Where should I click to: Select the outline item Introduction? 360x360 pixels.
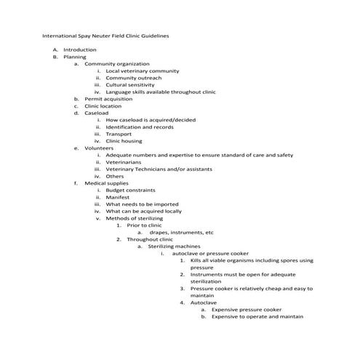pos(79,49)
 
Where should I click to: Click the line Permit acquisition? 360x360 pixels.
pos(108,99)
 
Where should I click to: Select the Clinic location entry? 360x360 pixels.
pos(103,106)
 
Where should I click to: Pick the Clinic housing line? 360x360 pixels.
pos(124,141)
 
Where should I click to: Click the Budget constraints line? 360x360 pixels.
pos(134,190)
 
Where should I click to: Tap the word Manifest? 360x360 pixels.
pos(118,197)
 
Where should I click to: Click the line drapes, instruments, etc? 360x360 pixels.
pos(181,232)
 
